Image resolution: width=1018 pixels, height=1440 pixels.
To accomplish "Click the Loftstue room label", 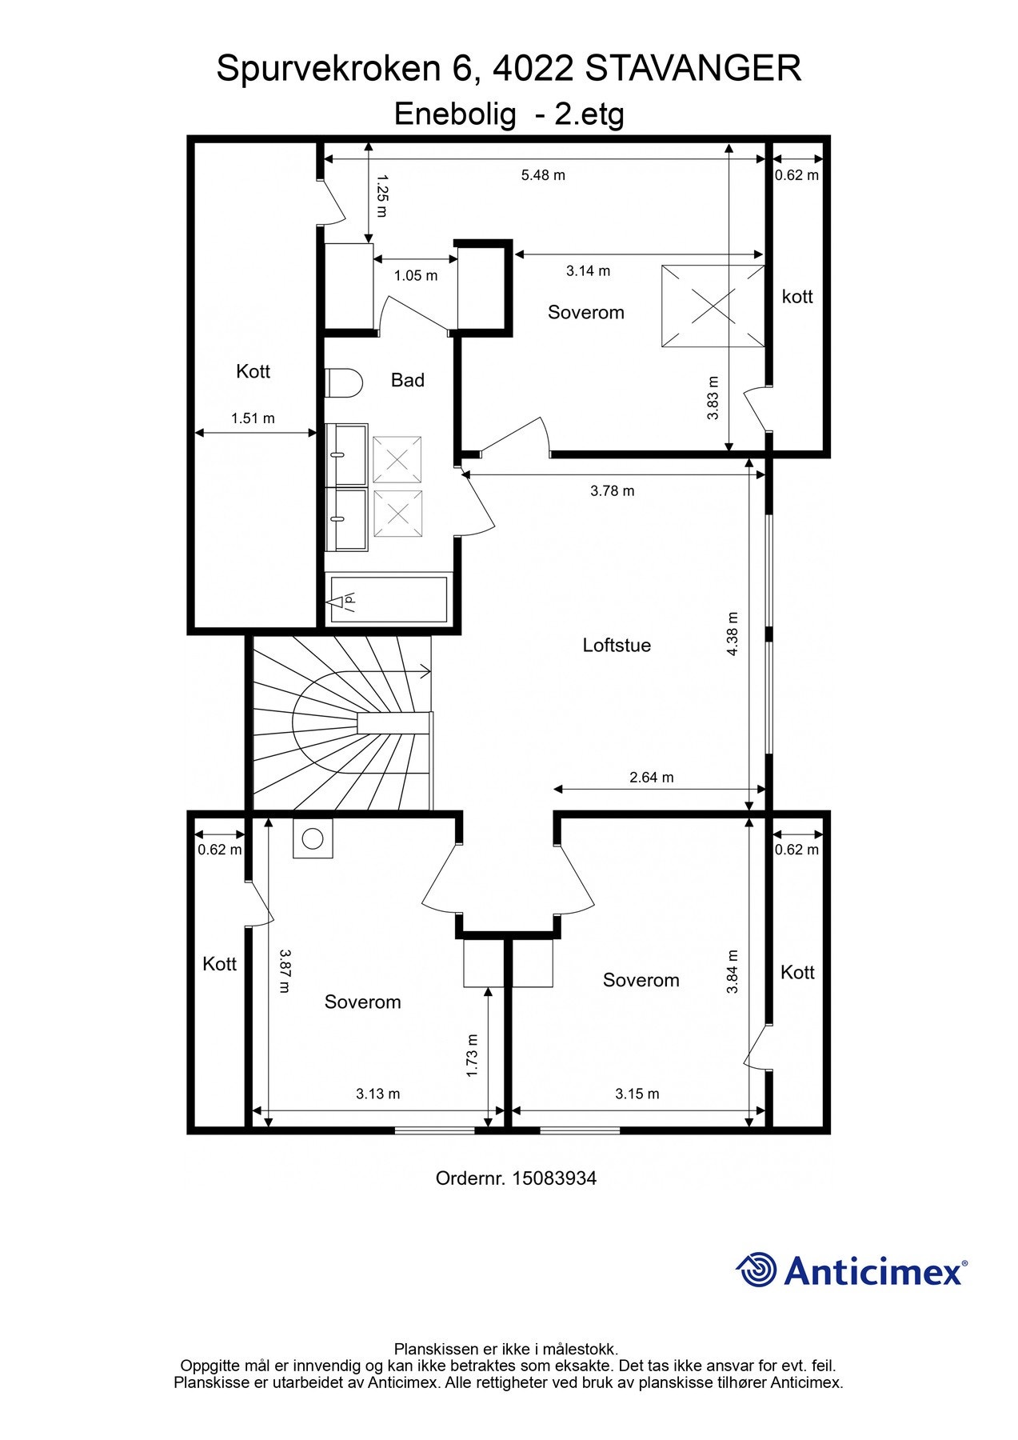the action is pos(617,645).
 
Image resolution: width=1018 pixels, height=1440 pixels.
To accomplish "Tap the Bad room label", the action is pos(407,380).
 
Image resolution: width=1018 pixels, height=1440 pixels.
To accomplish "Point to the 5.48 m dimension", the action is pos(543,175).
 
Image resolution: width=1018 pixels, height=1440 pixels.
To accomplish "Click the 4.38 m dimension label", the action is pos(733,634).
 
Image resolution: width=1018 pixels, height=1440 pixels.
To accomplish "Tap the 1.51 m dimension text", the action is pos(253,418).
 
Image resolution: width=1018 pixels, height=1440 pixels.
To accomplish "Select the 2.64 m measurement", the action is pos(652,777).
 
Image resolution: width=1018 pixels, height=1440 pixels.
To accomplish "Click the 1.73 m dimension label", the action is pos(472,1055).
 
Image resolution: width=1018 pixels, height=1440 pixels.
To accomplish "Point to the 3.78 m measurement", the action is pos(613,490).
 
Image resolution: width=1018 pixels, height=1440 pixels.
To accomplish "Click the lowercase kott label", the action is pos(797,297).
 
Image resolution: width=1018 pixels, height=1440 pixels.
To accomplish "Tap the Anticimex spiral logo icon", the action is pos(756,1270).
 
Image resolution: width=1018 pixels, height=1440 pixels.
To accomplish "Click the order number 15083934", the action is pos(554,1178).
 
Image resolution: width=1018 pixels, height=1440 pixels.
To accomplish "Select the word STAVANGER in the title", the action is pos(693,69).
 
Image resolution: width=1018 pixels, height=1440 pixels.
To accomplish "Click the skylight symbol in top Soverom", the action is pos(713,306).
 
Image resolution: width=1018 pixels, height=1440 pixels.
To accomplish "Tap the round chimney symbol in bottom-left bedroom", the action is pos(313,838).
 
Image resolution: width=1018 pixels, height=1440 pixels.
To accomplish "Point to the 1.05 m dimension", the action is pos(416,275).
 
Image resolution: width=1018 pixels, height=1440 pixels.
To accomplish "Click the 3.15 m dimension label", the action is pos(637,1094).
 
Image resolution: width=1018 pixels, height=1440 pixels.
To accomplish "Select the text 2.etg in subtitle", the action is pos(590,115).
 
